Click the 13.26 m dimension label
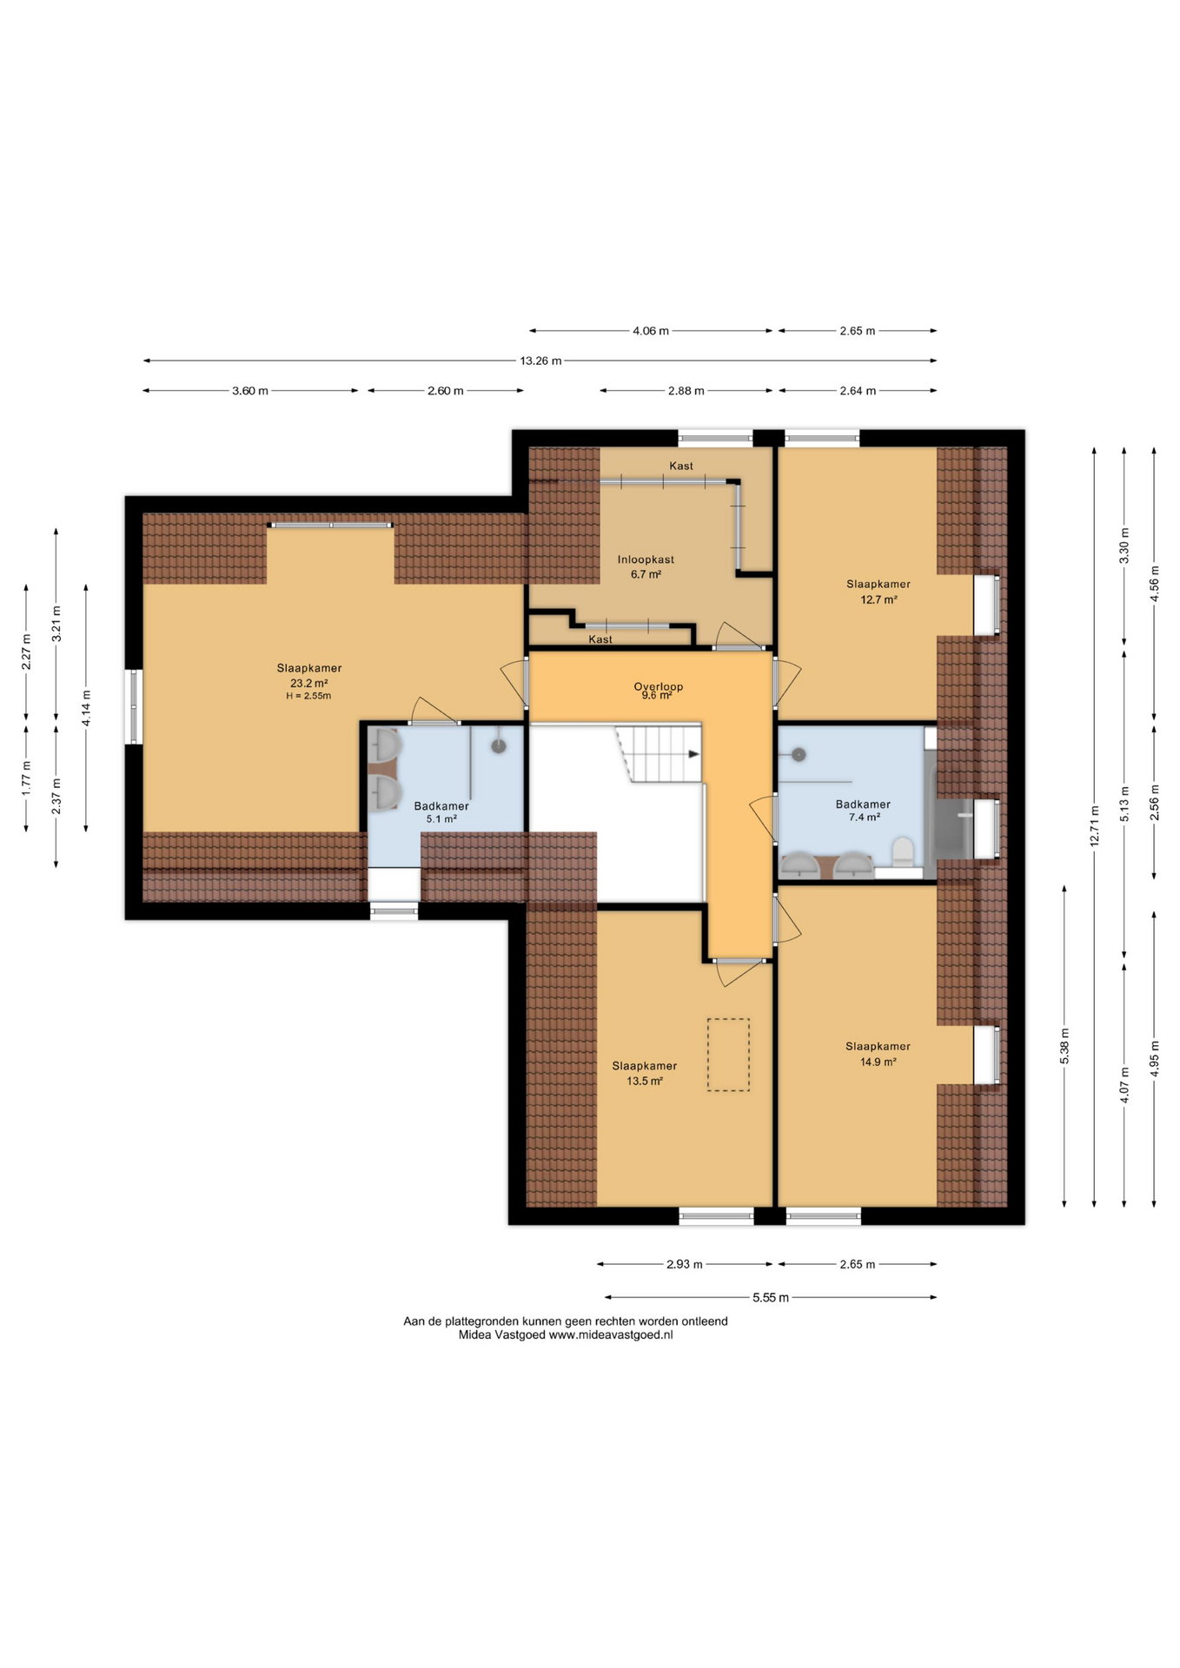pyautogui.click(x=540, y=361)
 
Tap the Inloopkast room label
pyautogui.click(x=646, y=559)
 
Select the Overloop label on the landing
pyautogui.click(x=658, y=686)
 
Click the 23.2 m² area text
pyautogui.click(x=308, y=683)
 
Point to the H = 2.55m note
pyautogui.click(x=308, y=696)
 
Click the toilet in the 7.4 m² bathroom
pyautogui.click(x=903, y=851)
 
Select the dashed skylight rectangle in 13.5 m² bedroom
pyautogui.click(x=728, y=1055)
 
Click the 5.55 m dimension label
pyautogui.click(x=771, y=1298)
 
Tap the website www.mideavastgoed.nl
pyautogui.click(x=611, y=1335)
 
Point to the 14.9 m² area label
pyautogui.click(x=878, y=1062)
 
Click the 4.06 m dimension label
pyautogui.click(x=651, y=331)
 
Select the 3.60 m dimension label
pyautogui.click(x=250, y=391)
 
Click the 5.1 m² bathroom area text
pyautogui.click(x=441, y=818)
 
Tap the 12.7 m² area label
pyautogui.click(x=878, y=599)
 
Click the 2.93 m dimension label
pyautogui.click(x=685, y=1264)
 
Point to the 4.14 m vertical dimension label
pyautogui.click(x=86, y=707)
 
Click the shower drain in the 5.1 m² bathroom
pyautogui.click(x=499, y=745)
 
